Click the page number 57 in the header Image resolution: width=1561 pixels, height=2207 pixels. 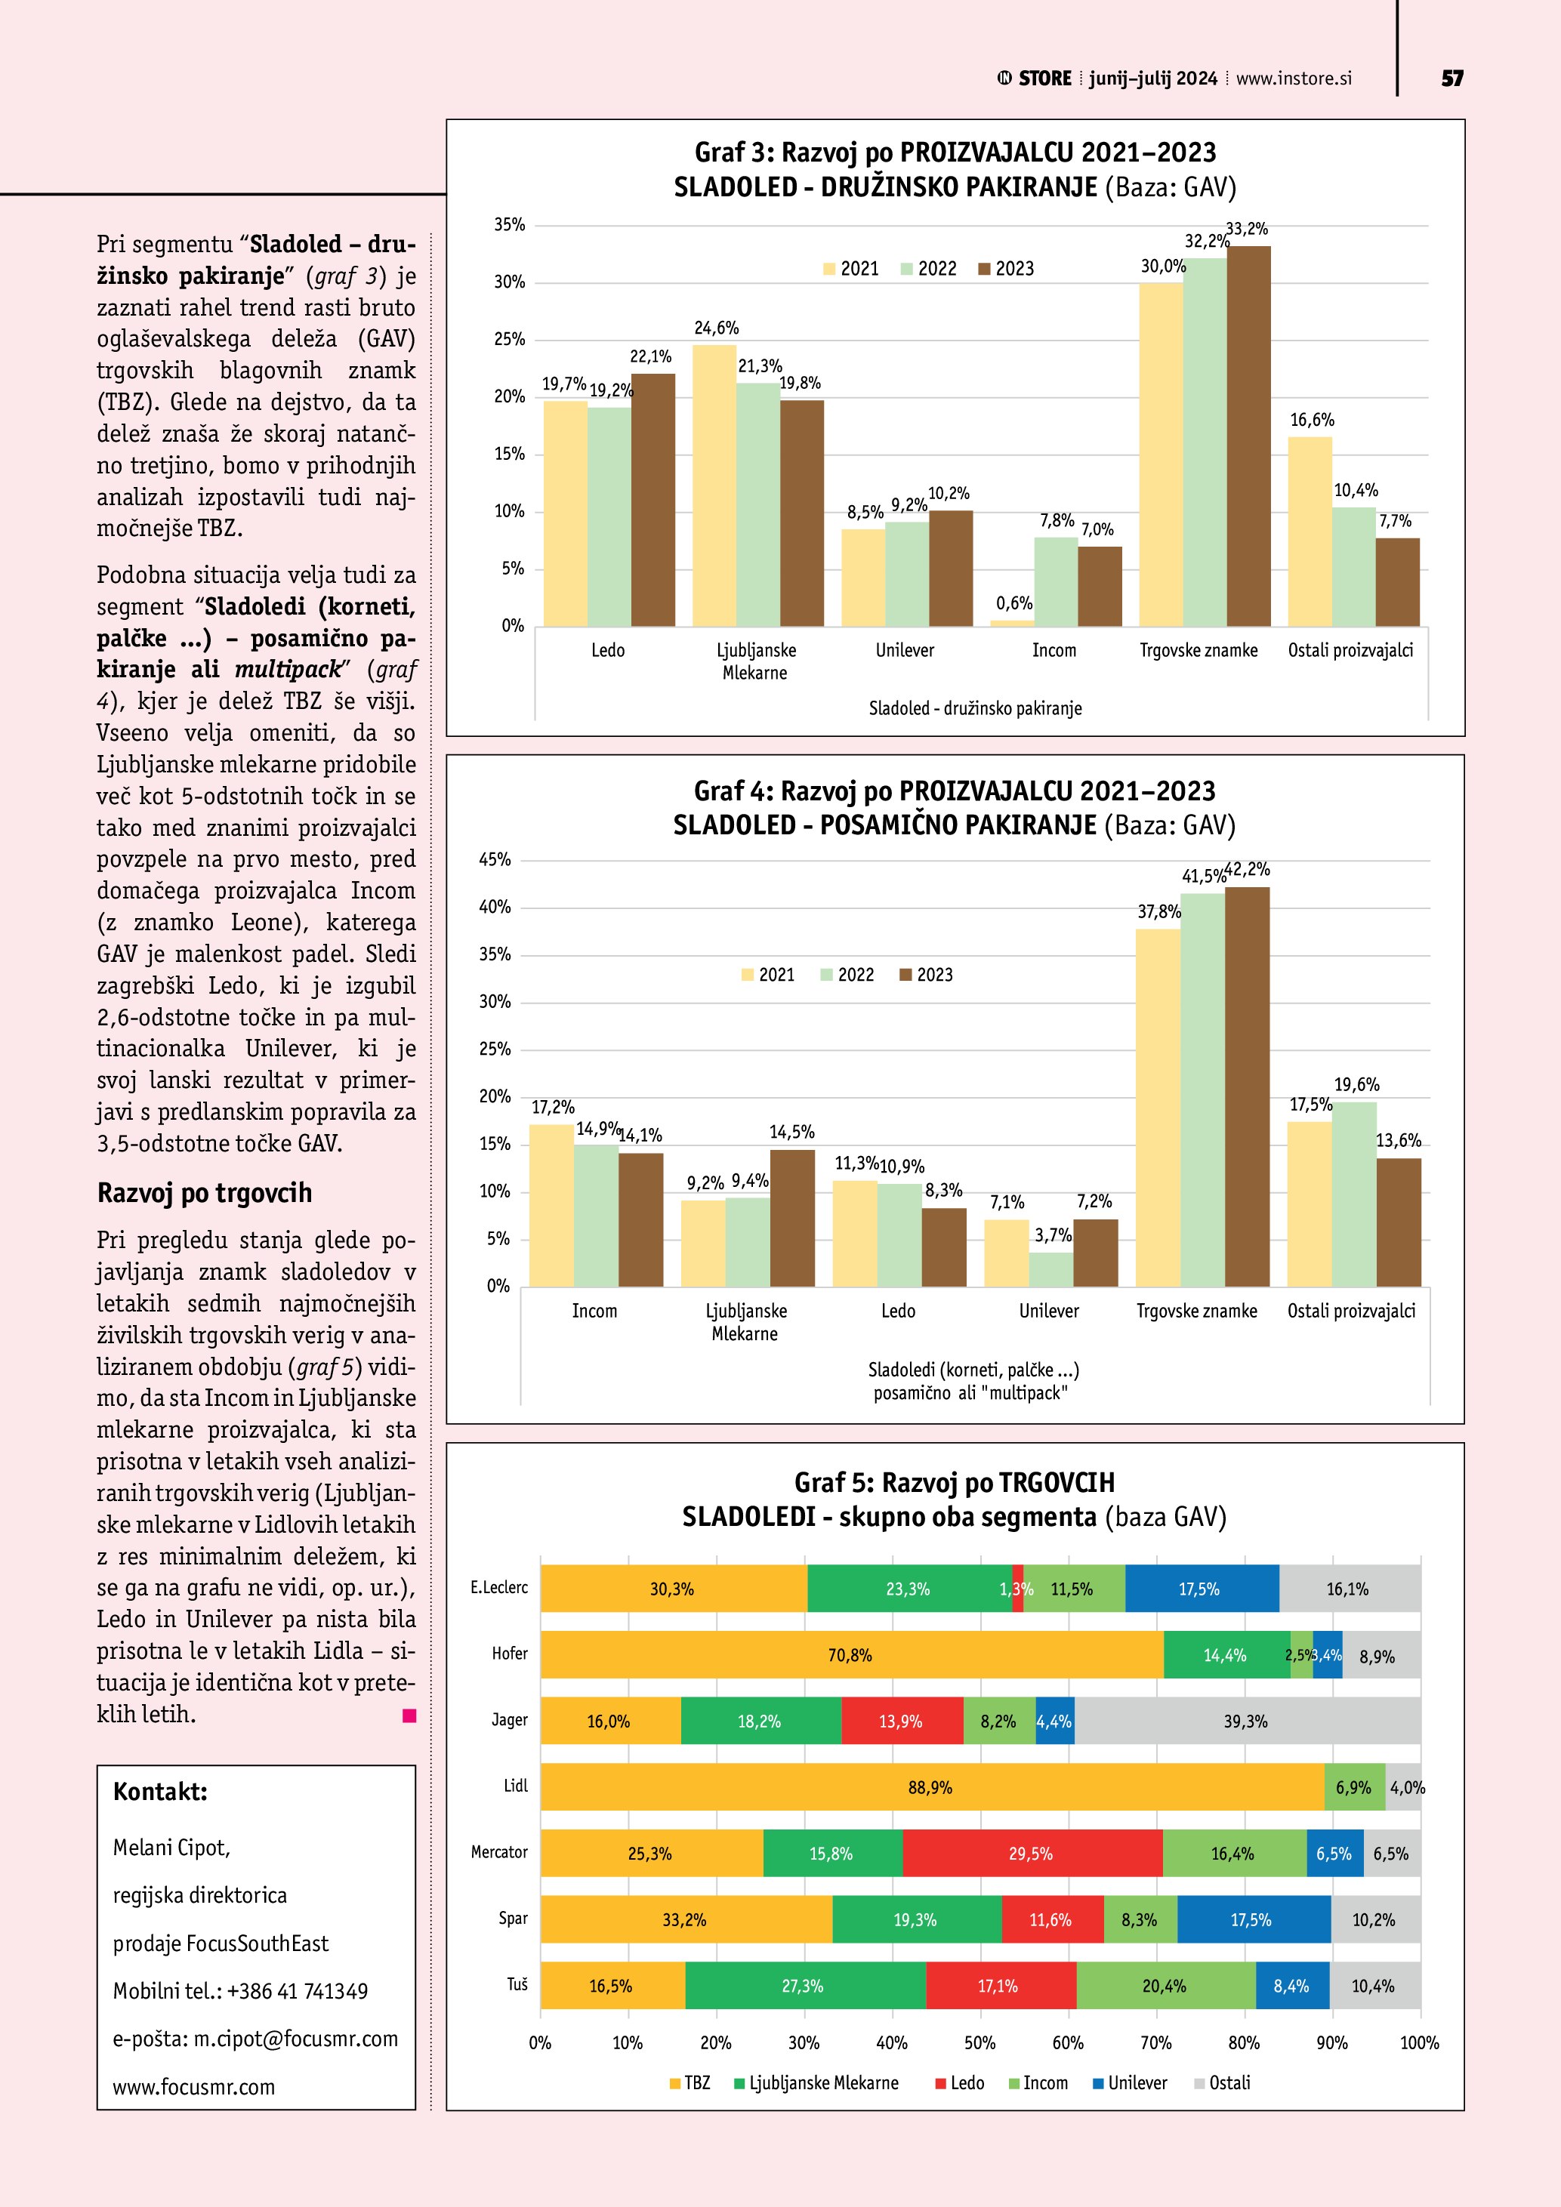point(1451,79)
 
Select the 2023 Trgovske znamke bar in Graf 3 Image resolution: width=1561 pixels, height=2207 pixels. point(1248,436)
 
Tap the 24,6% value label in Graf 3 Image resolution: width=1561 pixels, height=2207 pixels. point(716,328)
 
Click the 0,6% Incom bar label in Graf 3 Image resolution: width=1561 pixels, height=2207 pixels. point(1014,603)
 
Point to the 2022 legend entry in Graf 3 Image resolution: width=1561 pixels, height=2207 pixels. point(929,269)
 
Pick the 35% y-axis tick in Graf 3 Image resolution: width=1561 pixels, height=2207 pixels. point(510,225)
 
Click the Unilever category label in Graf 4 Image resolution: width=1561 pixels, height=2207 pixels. point(1049,1311)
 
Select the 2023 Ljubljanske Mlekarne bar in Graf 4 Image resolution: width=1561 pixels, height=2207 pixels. point(792,1218)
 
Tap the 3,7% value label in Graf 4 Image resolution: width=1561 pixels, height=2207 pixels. point(1053,1235)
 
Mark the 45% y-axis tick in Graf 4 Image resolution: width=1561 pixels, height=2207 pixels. point(495,860)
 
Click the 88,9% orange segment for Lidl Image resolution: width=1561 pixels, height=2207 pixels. point(930,1788)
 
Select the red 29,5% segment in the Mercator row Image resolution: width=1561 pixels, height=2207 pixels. point(1032,1854)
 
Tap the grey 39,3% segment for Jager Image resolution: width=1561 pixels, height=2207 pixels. point(1246,1722)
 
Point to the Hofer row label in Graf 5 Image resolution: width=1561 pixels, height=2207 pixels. point(510,1654)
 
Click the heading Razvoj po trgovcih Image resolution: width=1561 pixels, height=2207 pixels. point(205,1194)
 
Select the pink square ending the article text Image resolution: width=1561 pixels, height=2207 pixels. point(409,1715)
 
